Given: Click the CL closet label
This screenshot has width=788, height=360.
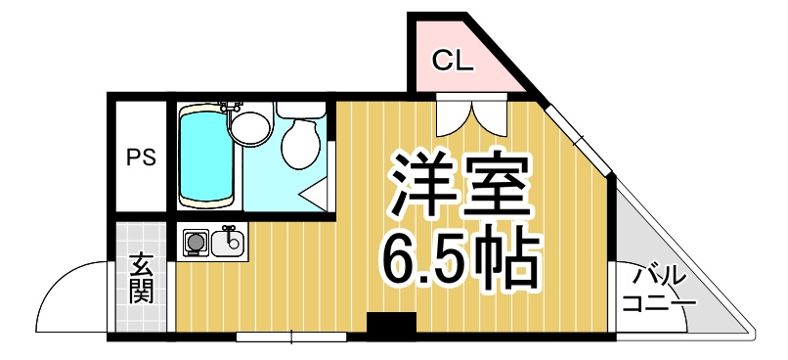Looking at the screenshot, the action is coord(454,62).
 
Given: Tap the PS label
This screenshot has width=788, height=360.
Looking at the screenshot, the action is coord(141,157).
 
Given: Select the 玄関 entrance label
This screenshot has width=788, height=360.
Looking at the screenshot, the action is coord(141,279).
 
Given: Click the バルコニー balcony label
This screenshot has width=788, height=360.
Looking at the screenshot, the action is coord(659,291).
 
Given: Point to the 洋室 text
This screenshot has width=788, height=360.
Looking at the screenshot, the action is coord(460,185).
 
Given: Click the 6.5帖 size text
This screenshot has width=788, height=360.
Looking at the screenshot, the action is coord(460,259).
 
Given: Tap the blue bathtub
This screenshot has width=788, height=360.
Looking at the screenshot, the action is coord(206,156).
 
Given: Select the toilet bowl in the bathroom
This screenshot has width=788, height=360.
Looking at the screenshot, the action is coord(300,144).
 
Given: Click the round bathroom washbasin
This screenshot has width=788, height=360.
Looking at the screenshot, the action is coord(250,128).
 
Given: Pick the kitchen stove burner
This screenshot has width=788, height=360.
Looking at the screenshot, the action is coord(196,243).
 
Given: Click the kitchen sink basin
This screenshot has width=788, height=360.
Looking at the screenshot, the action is coord(228,243).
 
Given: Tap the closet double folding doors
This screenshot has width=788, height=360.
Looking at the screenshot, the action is coord(471,118).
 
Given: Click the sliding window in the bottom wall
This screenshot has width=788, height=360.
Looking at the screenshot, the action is coord(292,337).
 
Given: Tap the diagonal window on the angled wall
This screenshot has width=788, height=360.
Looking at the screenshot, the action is coord(579,137).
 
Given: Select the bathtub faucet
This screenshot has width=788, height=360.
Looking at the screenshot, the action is coord(229,107).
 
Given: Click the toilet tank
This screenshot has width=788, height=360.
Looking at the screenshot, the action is coord(300,111).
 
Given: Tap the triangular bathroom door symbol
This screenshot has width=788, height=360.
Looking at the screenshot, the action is coord(314,195).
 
